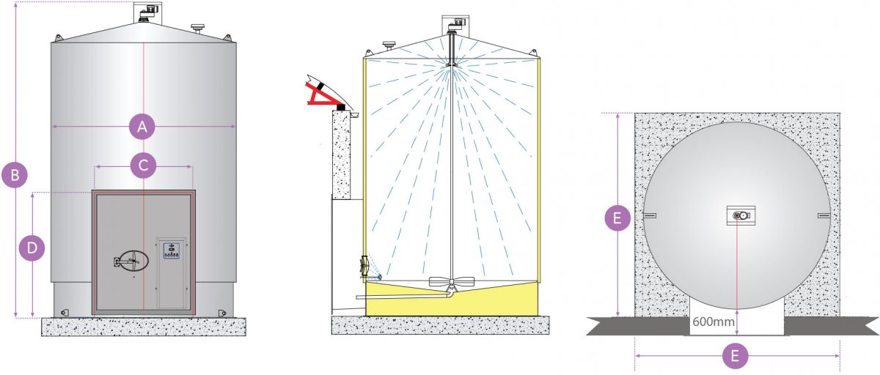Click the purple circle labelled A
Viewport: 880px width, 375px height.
tap(143, 127)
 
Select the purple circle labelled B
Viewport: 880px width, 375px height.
tap(15, 175)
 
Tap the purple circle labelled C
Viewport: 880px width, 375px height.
tap(143, 166)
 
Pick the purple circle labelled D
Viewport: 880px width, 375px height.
tap(32, 248)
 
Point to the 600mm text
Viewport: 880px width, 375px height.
tap(710, 321)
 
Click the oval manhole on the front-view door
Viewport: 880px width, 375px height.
tap(132, 260)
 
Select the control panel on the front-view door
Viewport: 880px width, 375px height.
tap(172, 272)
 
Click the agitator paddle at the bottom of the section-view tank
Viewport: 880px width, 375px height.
tap(450, 282)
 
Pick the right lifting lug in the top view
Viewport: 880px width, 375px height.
tap(823, 215)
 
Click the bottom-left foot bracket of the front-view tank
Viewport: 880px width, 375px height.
tap(64, 311)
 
